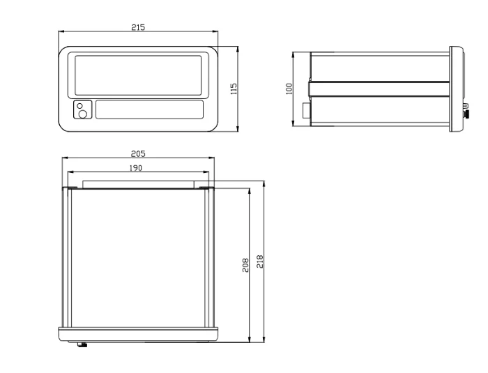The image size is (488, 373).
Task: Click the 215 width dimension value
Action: click(138, 27)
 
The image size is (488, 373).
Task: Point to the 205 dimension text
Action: click(138, 154)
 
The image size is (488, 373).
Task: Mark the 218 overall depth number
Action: click(259, 261)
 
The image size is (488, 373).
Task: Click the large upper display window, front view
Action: click(139, 75)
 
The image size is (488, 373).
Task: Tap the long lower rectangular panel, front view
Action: click(149, 109)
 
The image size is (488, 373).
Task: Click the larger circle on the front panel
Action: click(83, 114)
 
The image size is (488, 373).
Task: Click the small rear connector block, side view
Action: click(306, 111)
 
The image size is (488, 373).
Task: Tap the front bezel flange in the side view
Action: click(457, 89)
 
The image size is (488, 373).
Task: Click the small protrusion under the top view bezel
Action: click(82, 344)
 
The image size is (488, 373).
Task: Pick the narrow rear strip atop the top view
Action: click(138, 184)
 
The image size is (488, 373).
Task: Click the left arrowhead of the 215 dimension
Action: click(61, 31)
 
